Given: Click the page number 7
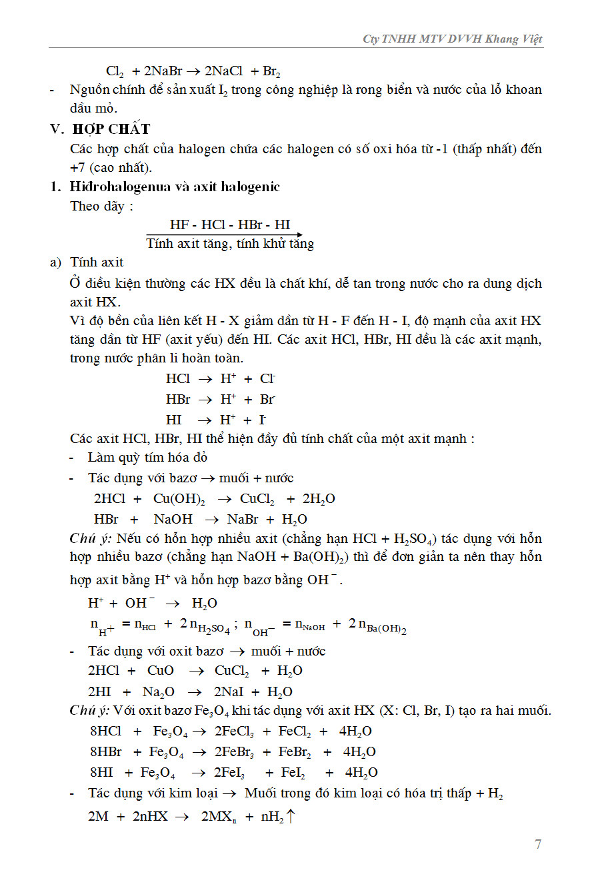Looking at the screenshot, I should pyautogui.click(x=538, y=845).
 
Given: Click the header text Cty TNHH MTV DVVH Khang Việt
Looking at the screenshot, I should pyautogui.click(x=453, y=39).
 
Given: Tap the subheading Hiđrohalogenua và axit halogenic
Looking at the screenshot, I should pyautogui.click(x=175, y=187).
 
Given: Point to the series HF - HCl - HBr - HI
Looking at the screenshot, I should pyautogui.click(x=230, y=225).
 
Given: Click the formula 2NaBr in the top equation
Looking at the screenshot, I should pyautogui.click(x=164, y=71).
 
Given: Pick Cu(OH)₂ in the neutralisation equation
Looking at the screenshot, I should pyautogui.click(x=179, y=500).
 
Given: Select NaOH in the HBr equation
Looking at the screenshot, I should pyautogui.click(x=173, y=520).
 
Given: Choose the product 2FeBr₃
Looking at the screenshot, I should pyautogui.click(x=233, y=752).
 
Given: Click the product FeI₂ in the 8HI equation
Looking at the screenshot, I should pyautogui.click(x=293, y=773).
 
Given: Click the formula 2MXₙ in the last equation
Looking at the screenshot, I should pyautogui.click(x=219, y=815).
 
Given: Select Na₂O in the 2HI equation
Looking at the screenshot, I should pyautogui.click(x=159, y=692).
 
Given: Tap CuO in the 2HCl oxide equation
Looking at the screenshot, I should pyautogui.click(x=161, y=671).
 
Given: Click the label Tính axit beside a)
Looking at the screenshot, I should pyautogui.click(x=97, y=262).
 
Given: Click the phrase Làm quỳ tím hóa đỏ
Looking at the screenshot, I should pyautogui.click(x=147, y=458).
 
